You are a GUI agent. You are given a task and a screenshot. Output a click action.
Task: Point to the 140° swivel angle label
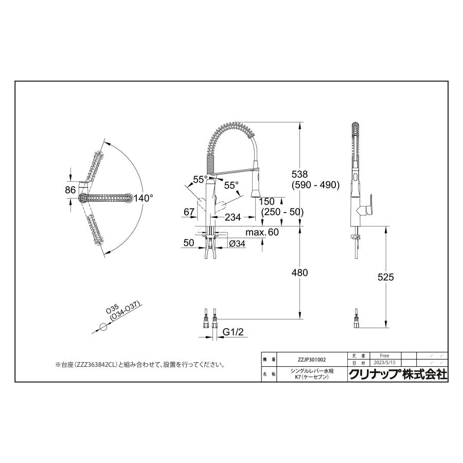[144, 197]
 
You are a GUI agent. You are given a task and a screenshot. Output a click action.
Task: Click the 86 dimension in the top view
[70, 190]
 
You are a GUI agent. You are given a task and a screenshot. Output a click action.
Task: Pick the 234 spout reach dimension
[233, 217]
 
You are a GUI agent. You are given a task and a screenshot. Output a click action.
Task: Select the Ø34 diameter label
[237, 243]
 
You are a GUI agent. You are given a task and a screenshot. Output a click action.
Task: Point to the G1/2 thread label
[233, 333]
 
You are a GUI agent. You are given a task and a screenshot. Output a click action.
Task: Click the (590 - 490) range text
[315, 185]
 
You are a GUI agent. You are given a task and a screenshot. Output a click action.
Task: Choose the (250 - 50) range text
[282, 211]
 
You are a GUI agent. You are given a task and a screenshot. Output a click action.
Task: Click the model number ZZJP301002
[312, 360]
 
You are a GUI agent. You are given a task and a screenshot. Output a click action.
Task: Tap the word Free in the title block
[384, 355]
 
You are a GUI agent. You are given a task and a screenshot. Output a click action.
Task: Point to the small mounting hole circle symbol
[103, 327]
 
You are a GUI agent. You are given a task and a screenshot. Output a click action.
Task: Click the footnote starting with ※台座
[140, 365]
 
